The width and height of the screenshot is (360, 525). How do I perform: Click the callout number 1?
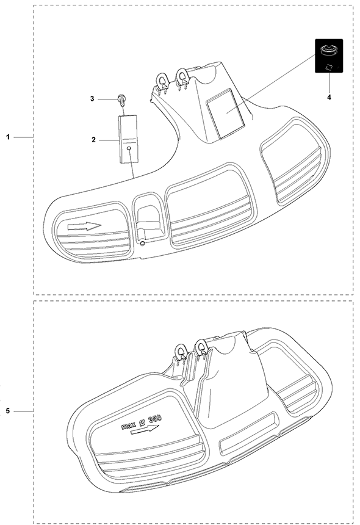point(9,137)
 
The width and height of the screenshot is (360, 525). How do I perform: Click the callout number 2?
point(94,140)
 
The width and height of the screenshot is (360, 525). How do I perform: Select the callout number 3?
point(92,99)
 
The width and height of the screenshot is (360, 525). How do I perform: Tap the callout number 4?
point(329,98)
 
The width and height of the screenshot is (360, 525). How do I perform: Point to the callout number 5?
point(9,411)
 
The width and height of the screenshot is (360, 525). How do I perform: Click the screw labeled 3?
point(120,100)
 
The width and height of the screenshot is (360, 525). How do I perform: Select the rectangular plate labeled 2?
point(128,139)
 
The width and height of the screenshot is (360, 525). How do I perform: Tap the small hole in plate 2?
point(129,148)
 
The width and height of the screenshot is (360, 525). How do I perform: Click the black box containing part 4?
point(329,56)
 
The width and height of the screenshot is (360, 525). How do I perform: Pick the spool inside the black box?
point(328,51)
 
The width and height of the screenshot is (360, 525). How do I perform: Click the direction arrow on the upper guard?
point(84,226)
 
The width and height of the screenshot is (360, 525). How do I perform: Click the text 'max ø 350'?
point(141,422)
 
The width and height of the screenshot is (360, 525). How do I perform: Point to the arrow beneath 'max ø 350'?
point(145,430)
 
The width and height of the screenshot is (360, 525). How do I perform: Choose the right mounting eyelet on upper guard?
point(183,76)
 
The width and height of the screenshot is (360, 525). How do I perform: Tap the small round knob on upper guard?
point(143,244)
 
